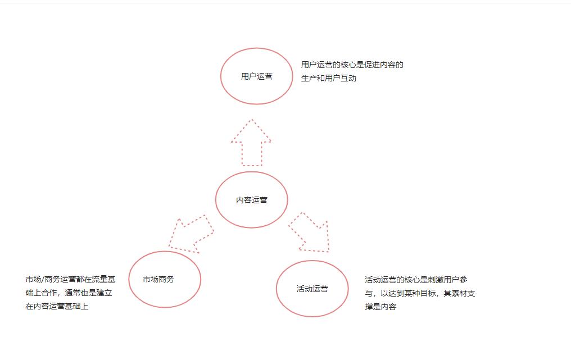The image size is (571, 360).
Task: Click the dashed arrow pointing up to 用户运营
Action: [x=251, y=146]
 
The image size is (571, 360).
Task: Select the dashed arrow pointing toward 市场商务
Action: [x=191, y=233]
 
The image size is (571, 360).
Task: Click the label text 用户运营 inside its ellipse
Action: [x=256, y=76]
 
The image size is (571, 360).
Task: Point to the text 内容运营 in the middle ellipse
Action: [x=251, y=200]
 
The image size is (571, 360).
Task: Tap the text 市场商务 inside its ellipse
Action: [x=158, y=279]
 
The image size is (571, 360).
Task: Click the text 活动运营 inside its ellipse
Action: [x=312, y=289]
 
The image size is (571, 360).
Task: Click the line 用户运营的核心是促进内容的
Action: [x=352, y=65]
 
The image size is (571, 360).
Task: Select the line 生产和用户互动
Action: [x=328, y=78]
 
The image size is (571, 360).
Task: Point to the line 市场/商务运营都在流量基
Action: [x=70, y=279]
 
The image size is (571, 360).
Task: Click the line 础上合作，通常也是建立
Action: [x=69, y=293]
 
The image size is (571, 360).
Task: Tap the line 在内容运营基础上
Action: [x=57, y=306]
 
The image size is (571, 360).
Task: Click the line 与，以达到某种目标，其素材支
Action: [x=419, y=293]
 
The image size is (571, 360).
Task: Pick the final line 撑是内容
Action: [x=380, y=307]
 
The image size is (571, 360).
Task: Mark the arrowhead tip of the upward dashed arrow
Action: [x=251, y=120]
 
